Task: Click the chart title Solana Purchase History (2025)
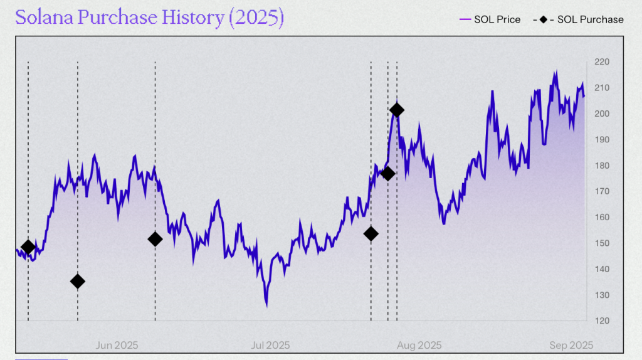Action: [x=149, y=18]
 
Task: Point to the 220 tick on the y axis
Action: [x=602, y=61]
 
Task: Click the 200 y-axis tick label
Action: [x=602, y=114]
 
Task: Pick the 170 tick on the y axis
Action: [x=602, y=191]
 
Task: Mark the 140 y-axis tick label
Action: [x=602, y=269]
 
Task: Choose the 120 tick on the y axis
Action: [x=602, y=321]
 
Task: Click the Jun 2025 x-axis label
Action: [x=117, y=345]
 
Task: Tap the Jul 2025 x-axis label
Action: [x=270, y=345]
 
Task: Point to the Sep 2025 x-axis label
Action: [x=571, y=345]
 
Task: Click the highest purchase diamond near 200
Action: [x=396, y=110]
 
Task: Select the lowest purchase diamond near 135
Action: [x=78, y=281]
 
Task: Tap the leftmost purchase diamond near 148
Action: [x=28, y=247]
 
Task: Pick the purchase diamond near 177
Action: [x=388, y=174]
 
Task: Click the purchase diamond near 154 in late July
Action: [x=371, y=234]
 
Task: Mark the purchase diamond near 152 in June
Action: [x=155, y=239]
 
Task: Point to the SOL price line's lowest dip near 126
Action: [x=266, y=305]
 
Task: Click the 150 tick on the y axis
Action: [x=602, y=243]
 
